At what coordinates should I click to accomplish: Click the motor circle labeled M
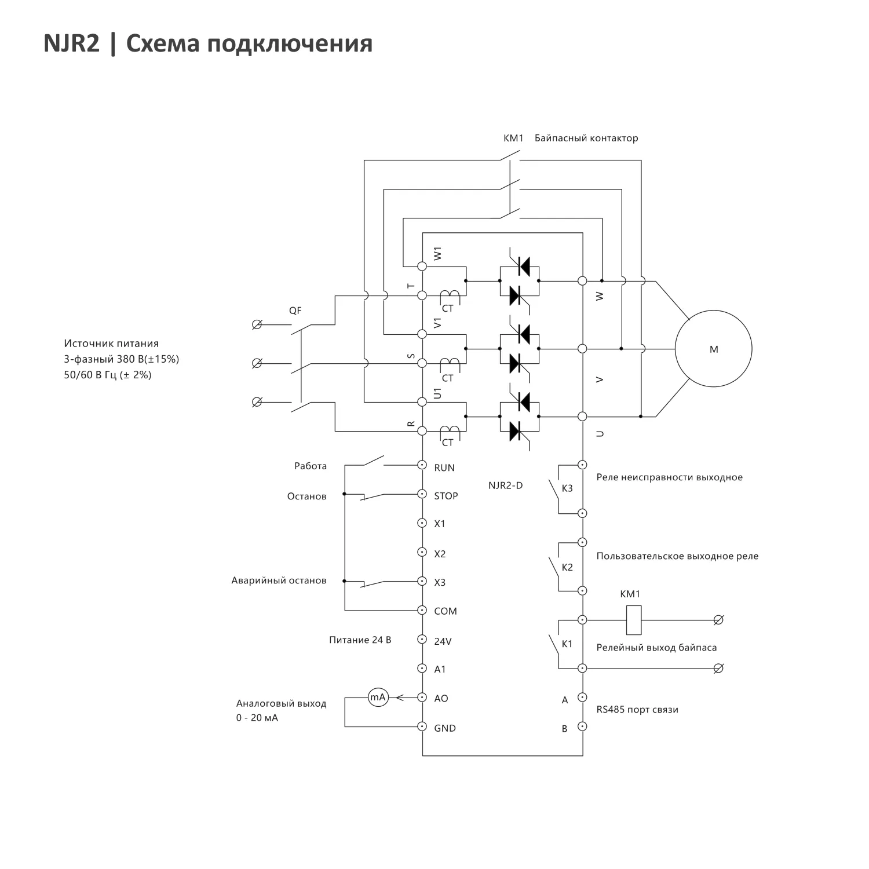[x=713, y=349]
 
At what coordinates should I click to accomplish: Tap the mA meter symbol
[x=378, y=698]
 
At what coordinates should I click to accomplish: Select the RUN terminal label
[x=444, y=468]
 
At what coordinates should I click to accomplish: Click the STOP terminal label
[x=446, y=496]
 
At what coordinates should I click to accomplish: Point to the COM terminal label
[x=446, y=611]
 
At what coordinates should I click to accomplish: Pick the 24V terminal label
[x=443, y=641]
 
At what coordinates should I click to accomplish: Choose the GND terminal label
[x=445, y=728]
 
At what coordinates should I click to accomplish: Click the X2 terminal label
[x=440, y=554]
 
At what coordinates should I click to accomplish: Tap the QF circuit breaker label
[x=295, y=311]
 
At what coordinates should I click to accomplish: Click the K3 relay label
[x=567, y=488]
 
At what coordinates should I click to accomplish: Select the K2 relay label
[x=567, y=567]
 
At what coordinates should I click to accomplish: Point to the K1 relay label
[x=567, y=644]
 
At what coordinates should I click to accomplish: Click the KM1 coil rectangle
[x=634, y=620]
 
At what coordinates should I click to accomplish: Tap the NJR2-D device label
[x=505, y=485]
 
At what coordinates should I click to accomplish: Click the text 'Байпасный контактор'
[x=586, y=138]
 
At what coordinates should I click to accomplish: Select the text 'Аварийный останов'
[x=279, y=580]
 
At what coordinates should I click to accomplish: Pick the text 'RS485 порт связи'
[x=637, y=710]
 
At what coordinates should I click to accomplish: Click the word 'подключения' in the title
[x=289, y=43]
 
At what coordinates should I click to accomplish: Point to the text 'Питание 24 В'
[x=360, y=640]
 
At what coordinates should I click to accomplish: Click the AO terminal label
[x=441, y=699]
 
